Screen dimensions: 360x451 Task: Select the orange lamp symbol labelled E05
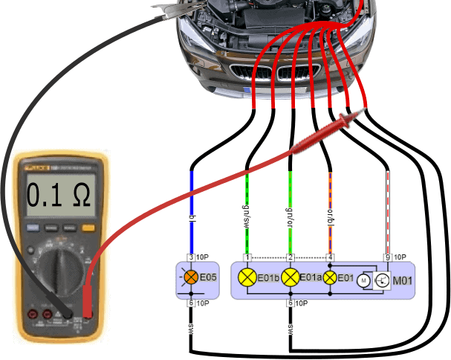point(191,279)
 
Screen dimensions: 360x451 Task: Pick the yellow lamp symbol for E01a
point(291,279)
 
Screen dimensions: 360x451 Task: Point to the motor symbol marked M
point(364,280)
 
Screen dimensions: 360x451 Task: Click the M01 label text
point(405,280)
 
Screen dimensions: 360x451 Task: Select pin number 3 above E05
point(191,257)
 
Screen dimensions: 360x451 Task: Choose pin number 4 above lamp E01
point(330,257)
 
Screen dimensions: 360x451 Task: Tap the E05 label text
point(210,280)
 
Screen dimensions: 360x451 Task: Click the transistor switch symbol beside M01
point(381,280)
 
